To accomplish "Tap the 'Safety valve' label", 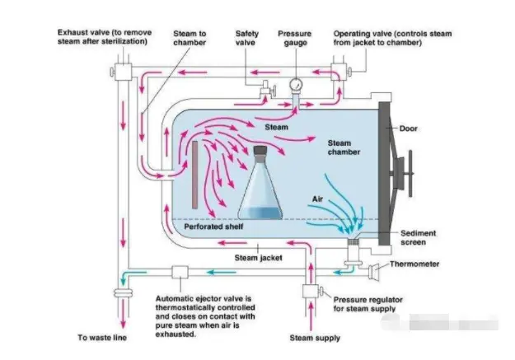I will [246, 39].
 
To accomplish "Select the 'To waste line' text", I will [104, 338].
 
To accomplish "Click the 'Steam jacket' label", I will [259, 258].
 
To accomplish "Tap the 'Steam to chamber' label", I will [190, 39].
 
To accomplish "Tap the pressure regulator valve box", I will [312, 292].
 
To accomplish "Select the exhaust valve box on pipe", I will [124, 71].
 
